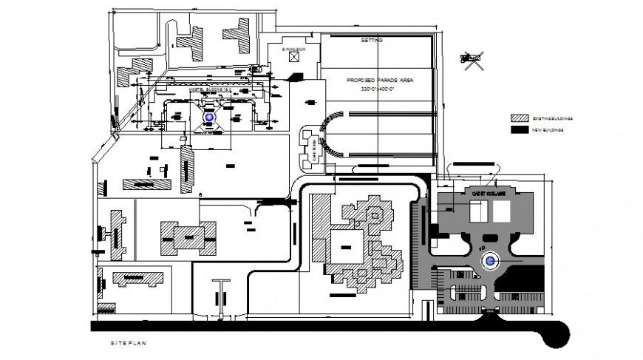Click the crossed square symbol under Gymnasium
click(295, 56)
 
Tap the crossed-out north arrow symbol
click(471, 58)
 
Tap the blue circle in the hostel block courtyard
click(209, 118)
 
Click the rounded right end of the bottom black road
click(557, 333)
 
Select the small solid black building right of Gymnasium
click(297, 77)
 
